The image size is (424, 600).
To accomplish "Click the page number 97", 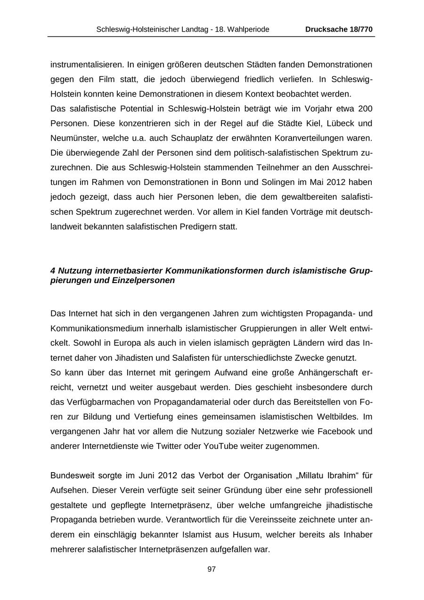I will point(212,569).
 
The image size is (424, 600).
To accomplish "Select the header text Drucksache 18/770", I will point(339,29).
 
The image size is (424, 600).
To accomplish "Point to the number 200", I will point(365,109).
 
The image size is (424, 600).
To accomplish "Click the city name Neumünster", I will point(72,138).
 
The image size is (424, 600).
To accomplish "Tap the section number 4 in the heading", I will point(53,271).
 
